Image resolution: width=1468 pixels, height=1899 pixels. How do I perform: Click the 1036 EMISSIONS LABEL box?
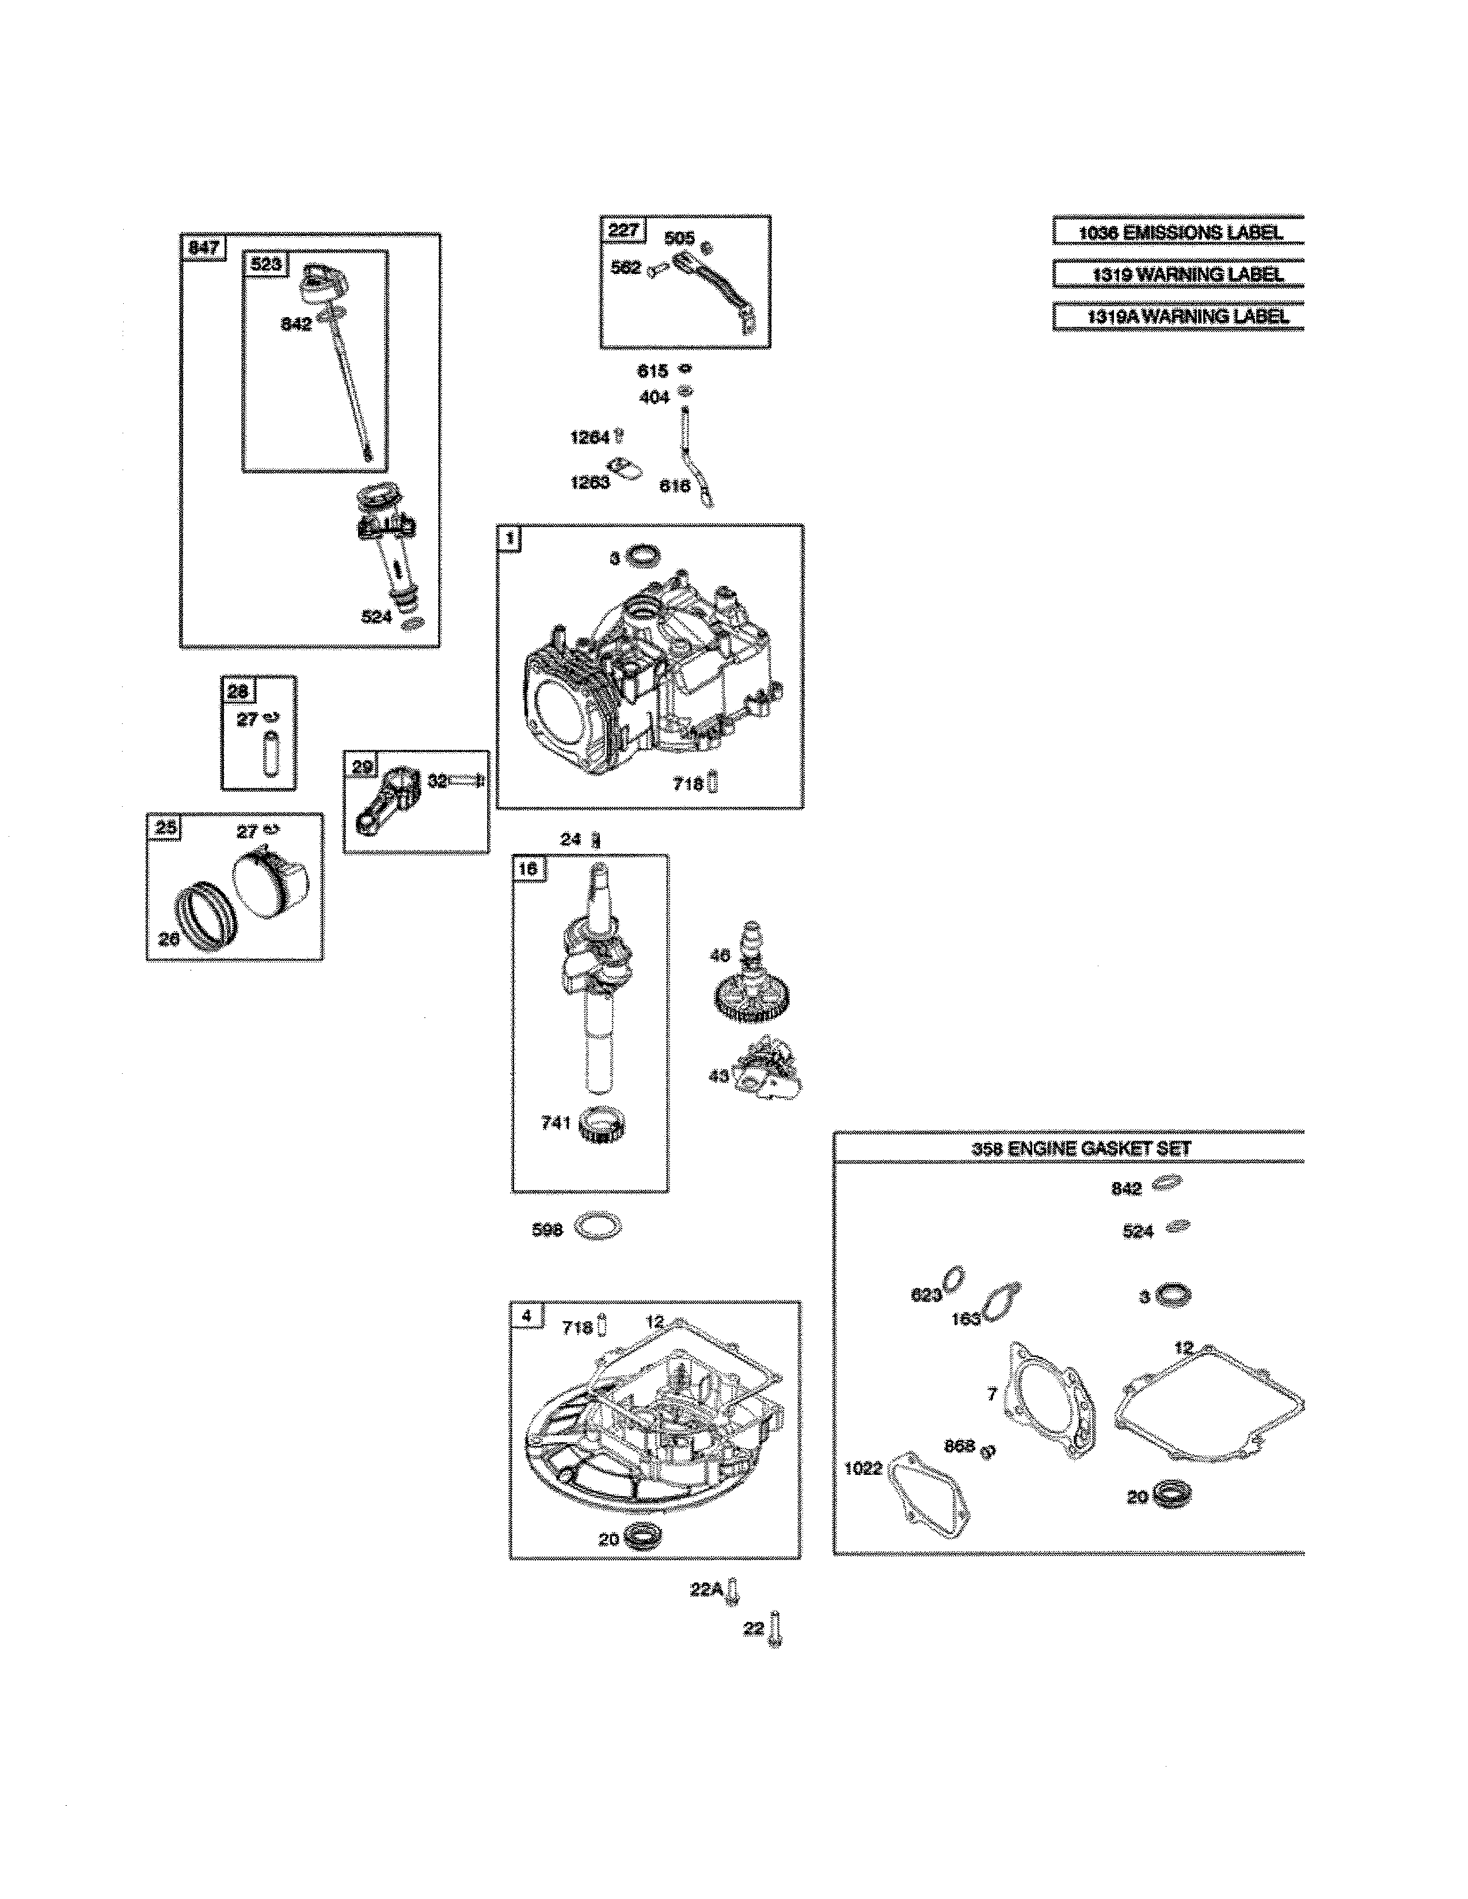coord(1178,232)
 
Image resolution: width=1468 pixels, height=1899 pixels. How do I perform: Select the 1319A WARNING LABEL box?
coord(1178,316)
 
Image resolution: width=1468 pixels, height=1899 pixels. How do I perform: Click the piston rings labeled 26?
coord(206,920)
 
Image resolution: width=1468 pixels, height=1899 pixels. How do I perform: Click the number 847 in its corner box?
coord(203,248)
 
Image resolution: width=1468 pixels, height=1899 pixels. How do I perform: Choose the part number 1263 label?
coord(590,483)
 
